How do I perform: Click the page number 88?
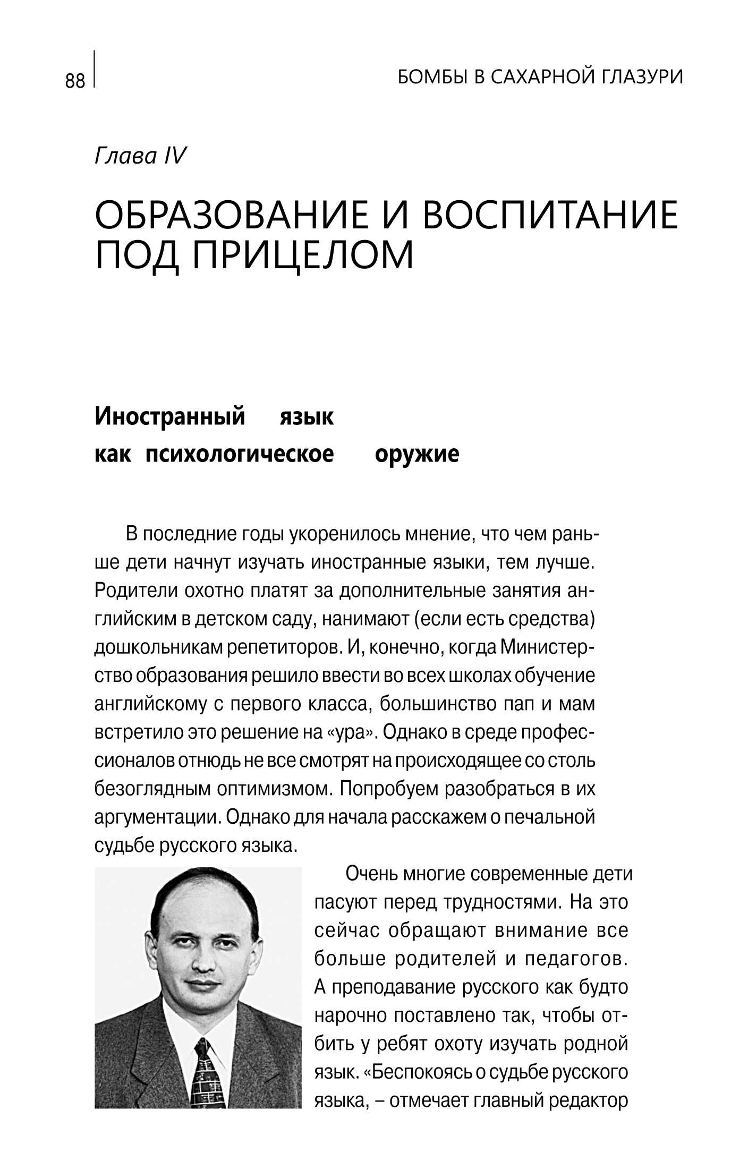[75, 81]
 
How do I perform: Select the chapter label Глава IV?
[140, 156]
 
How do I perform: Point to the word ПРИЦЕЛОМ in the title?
[302, 255]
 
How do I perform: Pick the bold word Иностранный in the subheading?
[169, 416]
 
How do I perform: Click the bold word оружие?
[416, 454]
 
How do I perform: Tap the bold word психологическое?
[240, 454]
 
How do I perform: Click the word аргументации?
[157, 817]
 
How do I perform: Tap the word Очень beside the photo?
[370, 874]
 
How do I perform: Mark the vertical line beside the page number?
[95, 69]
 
